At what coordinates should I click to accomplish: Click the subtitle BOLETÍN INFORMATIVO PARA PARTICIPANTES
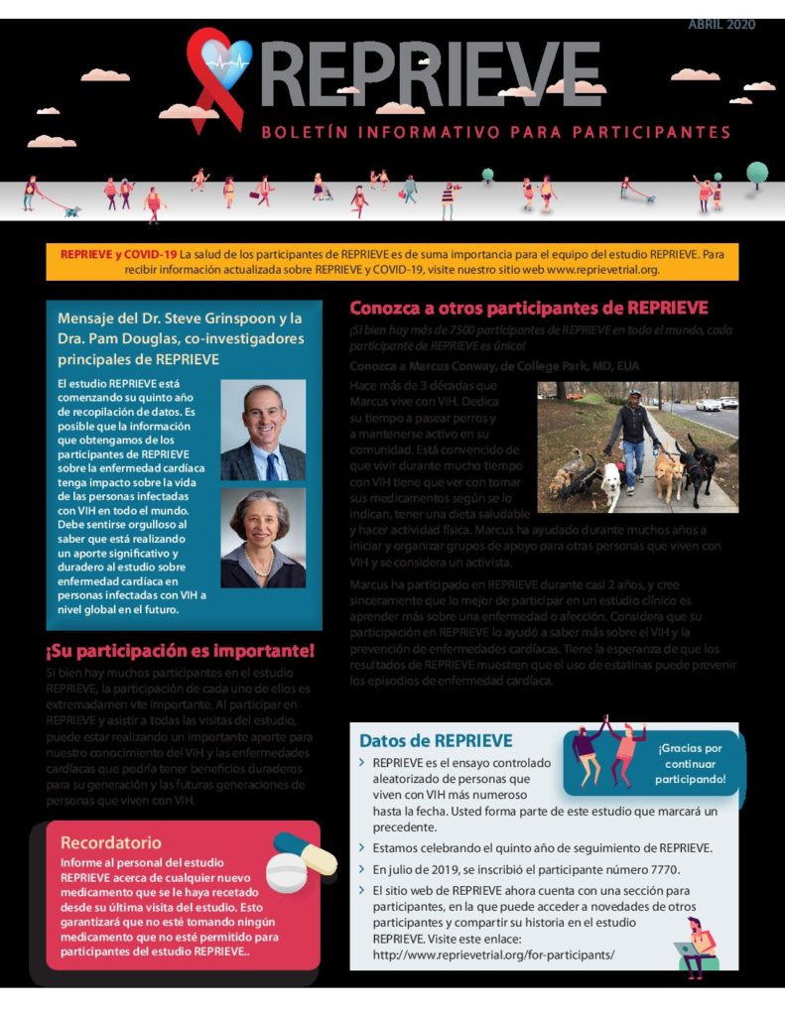[496, 132]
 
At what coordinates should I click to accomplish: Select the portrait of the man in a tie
[263, 431]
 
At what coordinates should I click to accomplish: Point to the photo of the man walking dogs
[637, 446]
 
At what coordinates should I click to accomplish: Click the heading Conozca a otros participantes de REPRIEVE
[529, 308]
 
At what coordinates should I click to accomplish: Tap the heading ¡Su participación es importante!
[180, 651]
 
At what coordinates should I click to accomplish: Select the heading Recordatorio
[111, 842]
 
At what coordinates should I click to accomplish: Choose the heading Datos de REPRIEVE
[436, 741]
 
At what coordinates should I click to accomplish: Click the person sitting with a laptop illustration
[698, 946]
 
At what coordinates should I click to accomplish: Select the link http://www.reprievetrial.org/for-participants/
[493, 954]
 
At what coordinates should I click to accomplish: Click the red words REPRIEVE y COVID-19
[119, 254]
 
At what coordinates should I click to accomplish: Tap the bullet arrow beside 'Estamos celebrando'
[361, 847]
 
